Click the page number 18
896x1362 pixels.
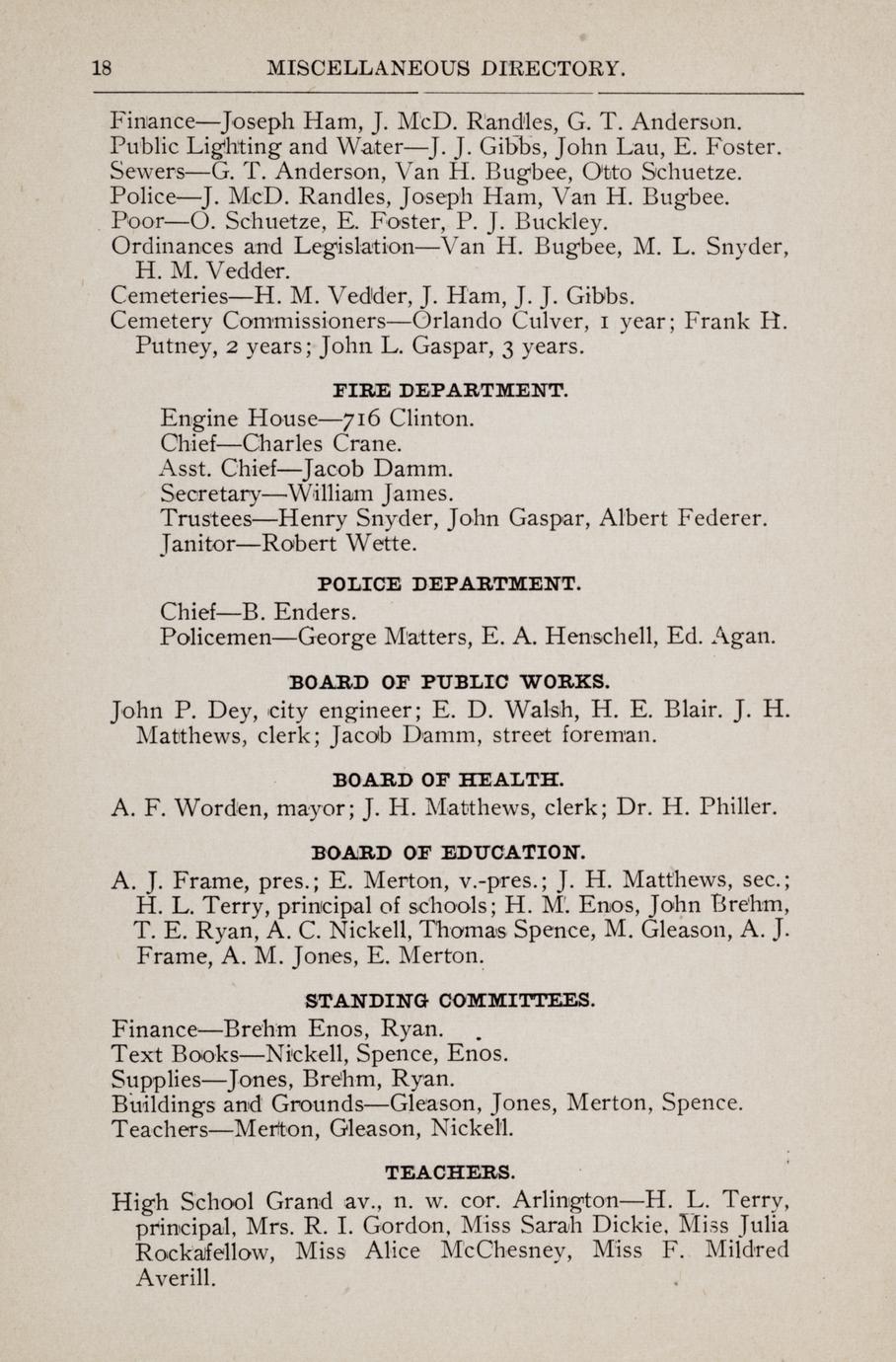pos(100,68)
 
